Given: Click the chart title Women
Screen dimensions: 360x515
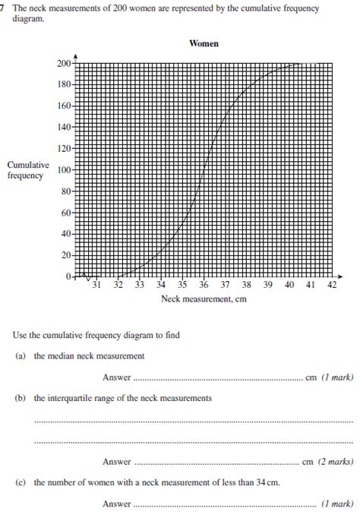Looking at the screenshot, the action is coord(204,44).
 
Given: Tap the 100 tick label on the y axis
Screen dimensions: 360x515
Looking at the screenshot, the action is coord(63,169).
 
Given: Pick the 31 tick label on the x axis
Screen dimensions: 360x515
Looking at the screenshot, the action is coord(96,286).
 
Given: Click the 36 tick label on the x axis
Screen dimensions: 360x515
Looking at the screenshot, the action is coord(204,286).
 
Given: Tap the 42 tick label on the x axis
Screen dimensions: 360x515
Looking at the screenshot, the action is coord(332,286).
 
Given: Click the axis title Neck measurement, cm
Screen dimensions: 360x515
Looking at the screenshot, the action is coord(204,299).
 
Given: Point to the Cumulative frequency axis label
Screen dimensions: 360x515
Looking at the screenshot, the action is coord(28,170).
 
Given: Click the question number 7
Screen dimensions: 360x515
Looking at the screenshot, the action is coord(4,7).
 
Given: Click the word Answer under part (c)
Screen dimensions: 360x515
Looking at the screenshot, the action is coord(116,503).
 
